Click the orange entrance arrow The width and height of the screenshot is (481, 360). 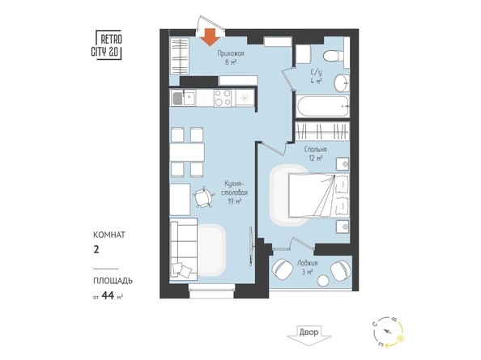point(211,36)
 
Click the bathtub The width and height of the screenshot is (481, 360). point(322,104)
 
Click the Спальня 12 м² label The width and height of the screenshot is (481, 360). point(315,154)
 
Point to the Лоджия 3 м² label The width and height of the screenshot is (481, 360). point(308,267)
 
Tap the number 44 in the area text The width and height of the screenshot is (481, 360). point(110,295)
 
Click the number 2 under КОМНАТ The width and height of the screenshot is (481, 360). point(96,250)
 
